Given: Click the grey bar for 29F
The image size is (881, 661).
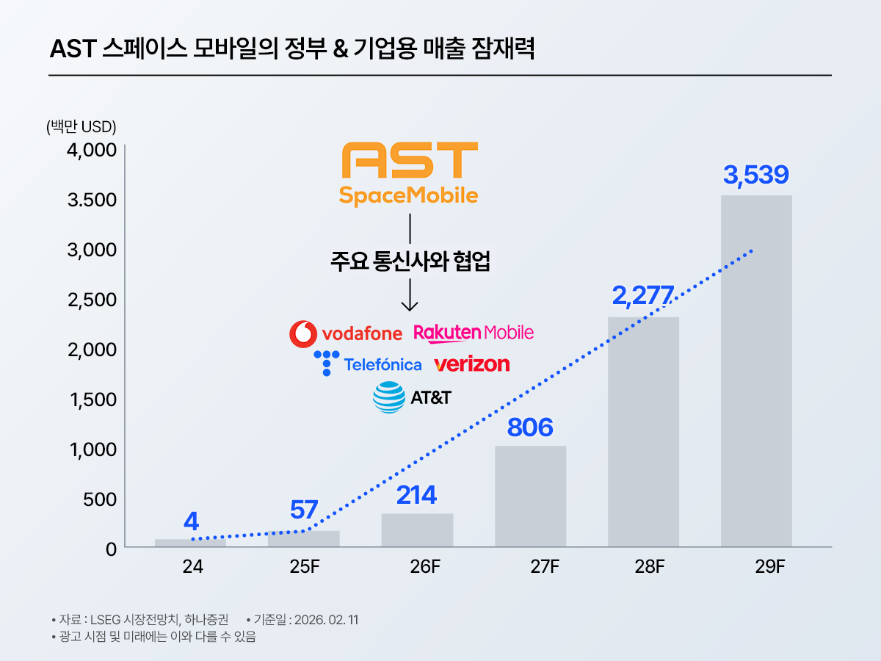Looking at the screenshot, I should (756, 371).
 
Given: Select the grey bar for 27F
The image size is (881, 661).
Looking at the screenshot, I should (530, 496).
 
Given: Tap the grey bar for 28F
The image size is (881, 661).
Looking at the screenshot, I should (643, 432).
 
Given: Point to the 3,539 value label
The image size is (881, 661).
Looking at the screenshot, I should (755, 175).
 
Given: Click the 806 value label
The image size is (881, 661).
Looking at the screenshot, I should (529, 427).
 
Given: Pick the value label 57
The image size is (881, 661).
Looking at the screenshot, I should (303, 510).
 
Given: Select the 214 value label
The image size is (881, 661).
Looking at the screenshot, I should (416, 495).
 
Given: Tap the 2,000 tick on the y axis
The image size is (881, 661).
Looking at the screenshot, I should (92, 350).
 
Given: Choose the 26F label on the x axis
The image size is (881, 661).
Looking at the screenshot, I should (425, 567).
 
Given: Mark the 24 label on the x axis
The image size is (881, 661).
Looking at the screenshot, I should (192, 567).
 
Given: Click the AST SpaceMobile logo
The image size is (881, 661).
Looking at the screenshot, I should (409, 174).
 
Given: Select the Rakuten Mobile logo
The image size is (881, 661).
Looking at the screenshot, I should (474, 333).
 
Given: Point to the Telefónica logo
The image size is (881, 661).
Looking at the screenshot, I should (368, 364).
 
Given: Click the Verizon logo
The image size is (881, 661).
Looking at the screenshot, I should (471, 364).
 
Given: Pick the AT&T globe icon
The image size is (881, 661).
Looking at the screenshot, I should (388, 397).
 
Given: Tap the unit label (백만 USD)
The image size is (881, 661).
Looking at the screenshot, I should (81, 127).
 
